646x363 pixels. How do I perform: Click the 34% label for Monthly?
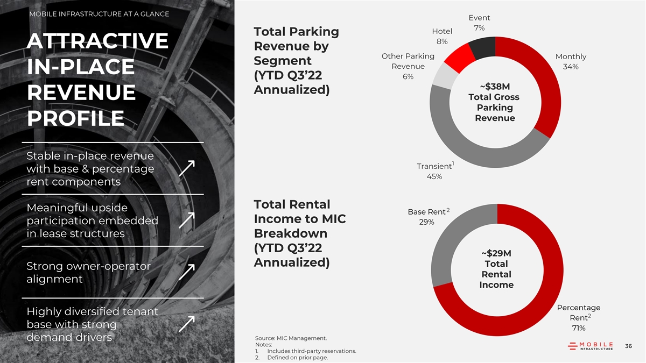pyautogui.click(x=571, y=67)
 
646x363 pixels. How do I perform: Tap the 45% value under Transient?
pyautogui.click(x=434, y=177)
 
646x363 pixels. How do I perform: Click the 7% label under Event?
pyautogui.click(x=479, y=28)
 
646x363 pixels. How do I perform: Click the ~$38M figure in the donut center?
pyautogui.click(x=494, y=87)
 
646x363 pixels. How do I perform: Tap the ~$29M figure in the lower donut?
pyautogui.click(x=496, y=253)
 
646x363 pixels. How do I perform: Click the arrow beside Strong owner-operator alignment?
pyautogui.click(x=187, y=272)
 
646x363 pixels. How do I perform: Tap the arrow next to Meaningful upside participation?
pyautogui.click(x=187, y=220)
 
